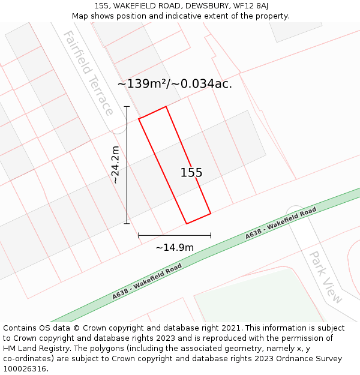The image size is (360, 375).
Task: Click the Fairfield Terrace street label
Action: (x=88, y=73)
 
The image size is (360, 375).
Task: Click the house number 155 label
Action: (x=191, y=173)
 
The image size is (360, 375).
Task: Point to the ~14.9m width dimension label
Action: (x=175, y=247)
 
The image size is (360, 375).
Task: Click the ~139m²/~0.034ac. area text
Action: (x=175, y=84)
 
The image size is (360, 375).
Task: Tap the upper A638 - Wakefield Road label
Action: (x=280, y=224)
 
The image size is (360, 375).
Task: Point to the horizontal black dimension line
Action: (x=175, y=235)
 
